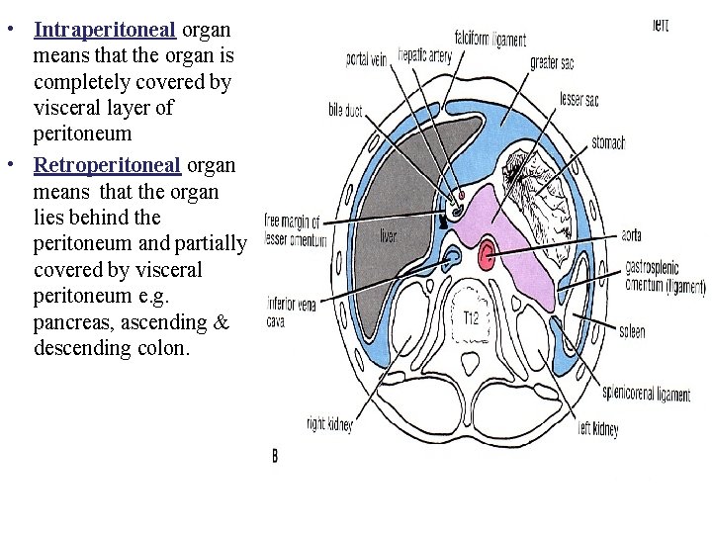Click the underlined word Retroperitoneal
tap(107, 163)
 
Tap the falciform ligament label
tap(489, 40)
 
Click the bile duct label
tap(347, 111)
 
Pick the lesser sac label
tap(578, 100)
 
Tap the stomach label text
tap(608, 143)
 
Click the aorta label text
tap(632, 236)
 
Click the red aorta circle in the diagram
tap(487, 257)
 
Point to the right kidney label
tap(329, 425)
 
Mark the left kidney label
tap(598, 429)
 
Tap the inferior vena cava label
tap(292, 312)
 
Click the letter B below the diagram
tap(274, 456)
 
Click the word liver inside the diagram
tap(389, 235)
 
